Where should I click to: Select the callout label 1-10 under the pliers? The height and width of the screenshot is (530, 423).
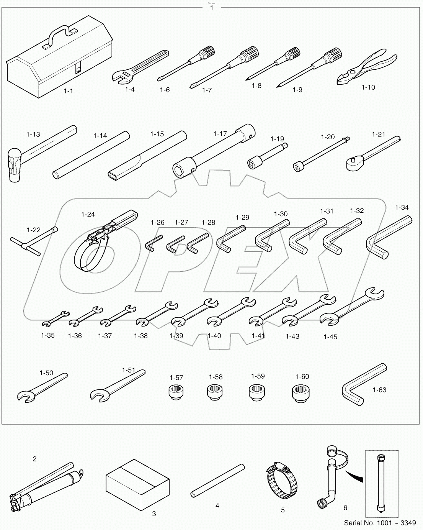tap(368, 87)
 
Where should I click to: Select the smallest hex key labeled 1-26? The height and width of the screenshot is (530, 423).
tap(150, 243)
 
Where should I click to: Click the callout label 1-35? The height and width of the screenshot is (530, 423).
tap(48, 335)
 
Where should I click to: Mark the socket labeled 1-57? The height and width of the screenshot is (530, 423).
tap(176, 393)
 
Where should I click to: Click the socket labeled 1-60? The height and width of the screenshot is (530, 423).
tap(301, 394)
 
